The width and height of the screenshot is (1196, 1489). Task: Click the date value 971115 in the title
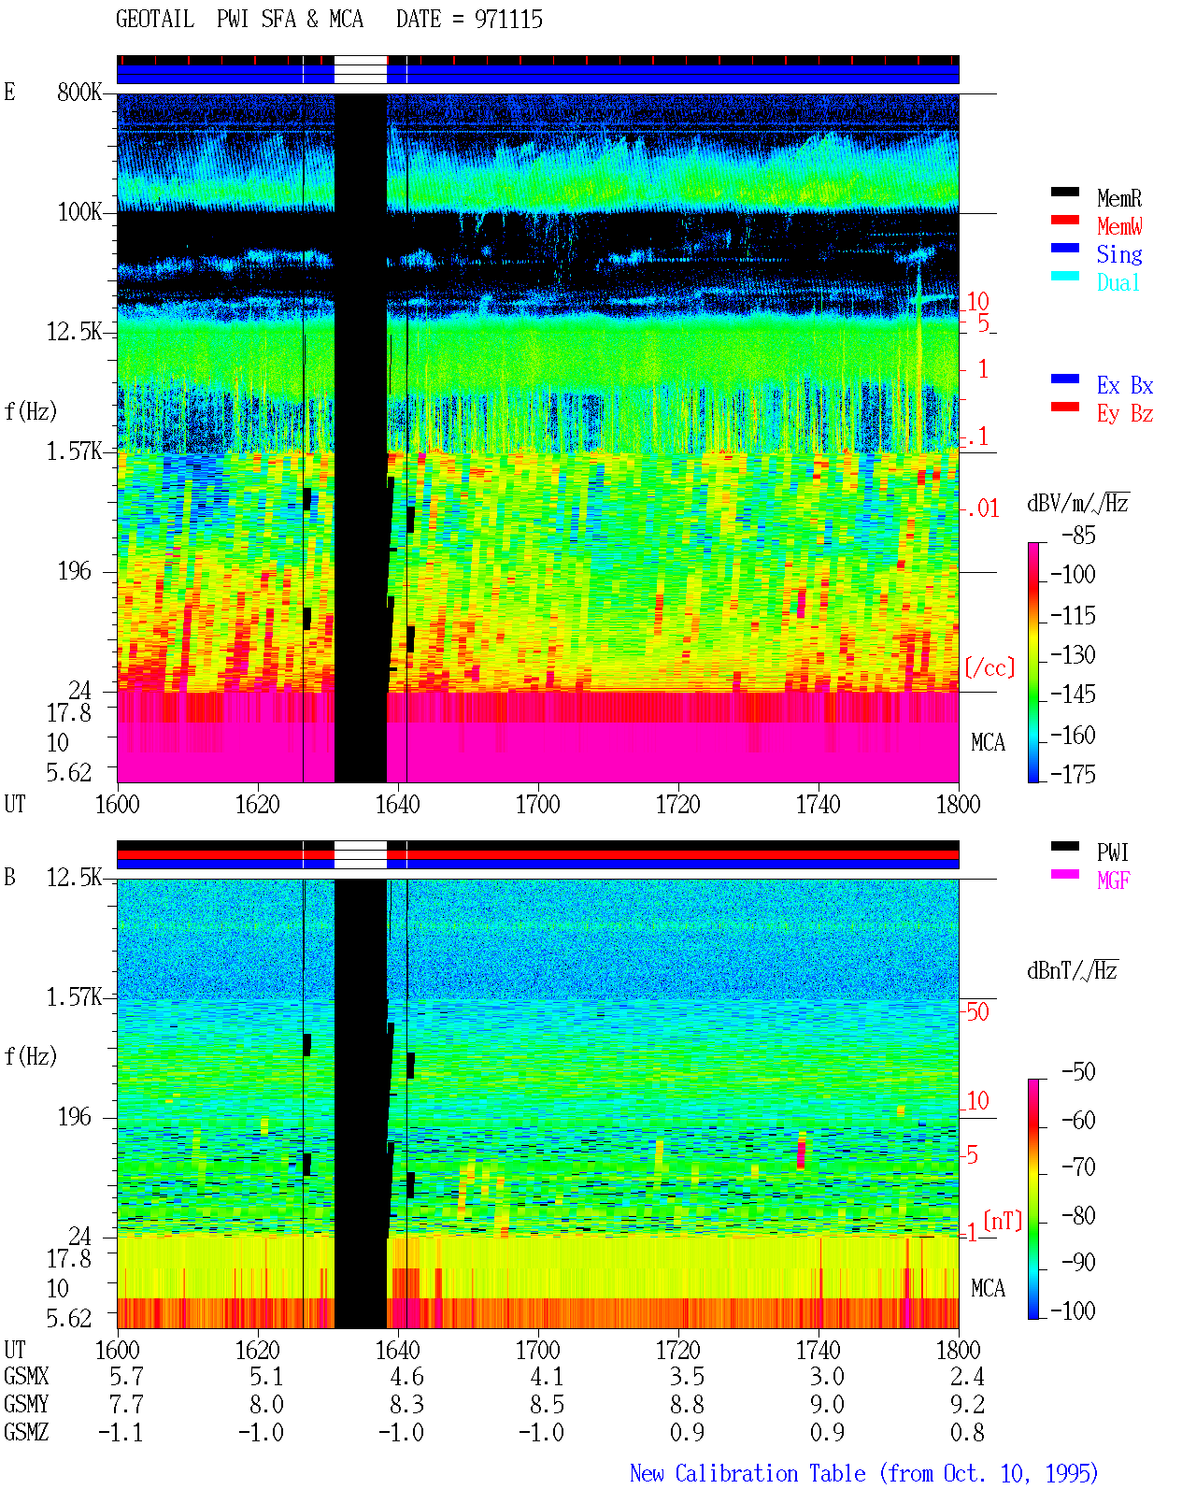coord(508,20)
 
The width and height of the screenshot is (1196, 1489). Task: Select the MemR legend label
coord(1118,198)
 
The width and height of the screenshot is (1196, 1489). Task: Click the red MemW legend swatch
coord(1064,220)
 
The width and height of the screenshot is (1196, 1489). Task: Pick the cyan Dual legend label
coord(1118,282)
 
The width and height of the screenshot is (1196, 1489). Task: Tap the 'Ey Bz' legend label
coord(1124,413)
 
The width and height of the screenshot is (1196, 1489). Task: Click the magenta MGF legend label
coord(1113,881)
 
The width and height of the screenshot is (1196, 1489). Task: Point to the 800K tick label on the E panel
coord(79,92)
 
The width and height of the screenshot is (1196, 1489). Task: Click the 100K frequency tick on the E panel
coord(79,212)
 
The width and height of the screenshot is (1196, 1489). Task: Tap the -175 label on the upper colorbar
coord(1073,774)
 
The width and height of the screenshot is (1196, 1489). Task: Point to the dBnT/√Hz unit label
coord(1072,971)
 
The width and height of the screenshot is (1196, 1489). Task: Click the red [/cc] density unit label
coord(990,667)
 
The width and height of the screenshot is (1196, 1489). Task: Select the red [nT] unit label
coord(1003,1221)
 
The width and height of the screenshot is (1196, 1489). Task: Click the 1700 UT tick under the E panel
coord(537,805)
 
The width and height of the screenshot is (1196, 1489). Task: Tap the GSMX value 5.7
coord(126,1377)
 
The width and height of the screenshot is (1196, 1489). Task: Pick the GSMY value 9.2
coord(967,1405)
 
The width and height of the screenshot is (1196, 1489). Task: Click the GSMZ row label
coord(26,1432)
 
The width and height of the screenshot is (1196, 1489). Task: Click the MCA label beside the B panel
coord(988,1288)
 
